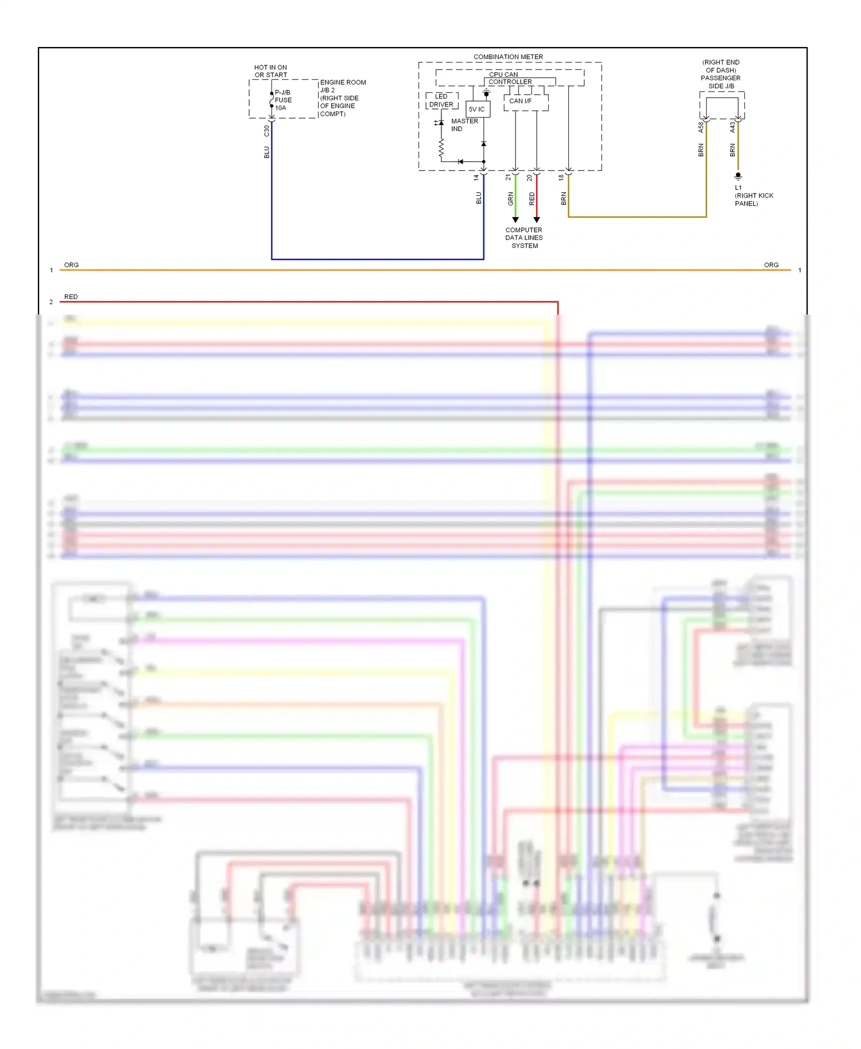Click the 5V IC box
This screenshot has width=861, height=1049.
(x=477, y=109)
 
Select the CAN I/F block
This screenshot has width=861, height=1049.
(x=521, y=101)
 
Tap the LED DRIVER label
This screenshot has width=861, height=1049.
(x=441, y=100)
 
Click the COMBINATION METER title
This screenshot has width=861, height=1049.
(x=508, y=57)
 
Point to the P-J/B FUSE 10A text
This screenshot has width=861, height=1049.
(x=283, y=100)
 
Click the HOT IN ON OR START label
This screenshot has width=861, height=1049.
(x=270, y=71)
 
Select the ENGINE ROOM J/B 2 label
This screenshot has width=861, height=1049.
(x=342, y=86)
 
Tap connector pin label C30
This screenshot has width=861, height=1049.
(x=266, y=131)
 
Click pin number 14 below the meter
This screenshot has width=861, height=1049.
(x=476, y=178)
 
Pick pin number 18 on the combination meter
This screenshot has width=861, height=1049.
(x=561, y=178)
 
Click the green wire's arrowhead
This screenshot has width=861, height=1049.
(x=515, y=220)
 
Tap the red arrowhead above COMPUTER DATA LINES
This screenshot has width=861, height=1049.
(x=537, y=220)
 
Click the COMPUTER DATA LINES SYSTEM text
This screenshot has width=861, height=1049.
(x=524, y=238)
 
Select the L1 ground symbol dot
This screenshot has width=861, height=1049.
(x=738, y=175)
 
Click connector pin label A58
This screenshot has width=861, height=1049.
(x=701, y=127)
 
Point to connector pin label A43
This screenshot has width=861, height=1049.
(x=732, y=127)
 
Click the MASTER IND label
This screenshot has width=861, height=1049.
(x=464, y=125)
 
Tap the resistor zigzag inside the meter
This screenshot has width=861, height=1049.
(x=441, y=149)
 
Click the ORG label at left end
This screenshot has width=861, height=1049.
(x=71, y=265)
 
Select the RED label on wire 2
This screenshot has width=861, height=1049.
(x=71, y=297)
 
